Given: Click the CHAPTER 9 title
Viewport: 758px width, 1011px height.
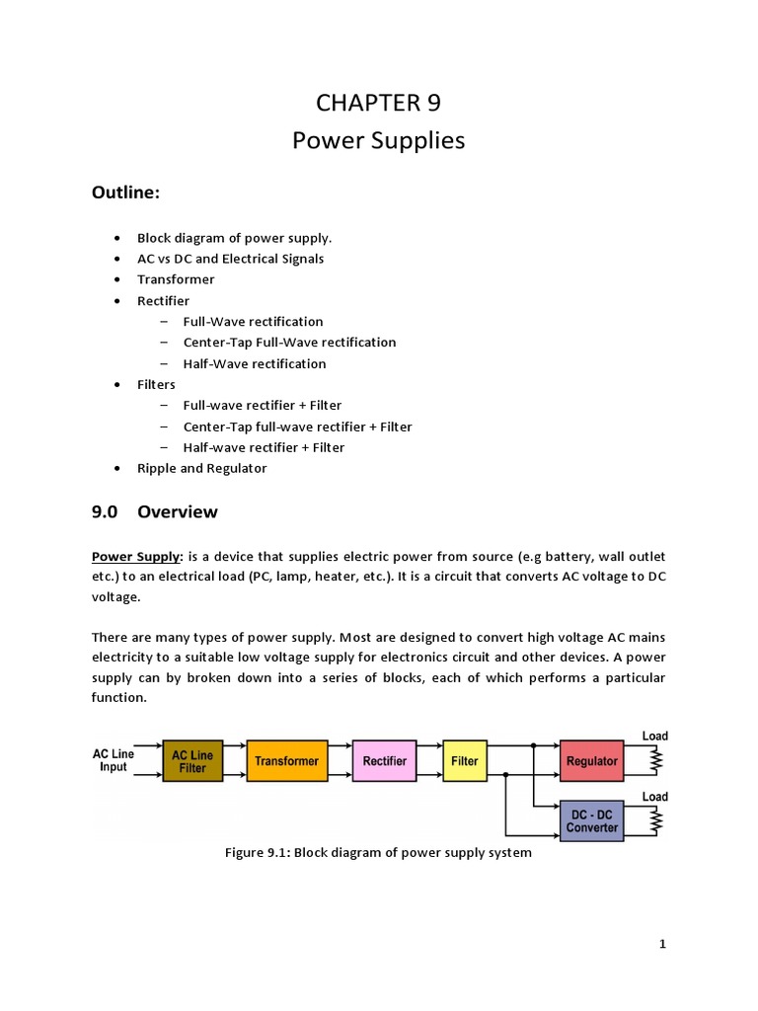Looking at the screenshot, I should click(378, 103).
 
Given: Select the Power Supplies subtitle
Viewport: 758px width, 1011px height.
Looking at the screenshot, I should click(378, 141).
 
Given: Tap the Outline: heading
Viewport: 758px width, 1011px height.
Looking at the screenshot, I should click(125, 194).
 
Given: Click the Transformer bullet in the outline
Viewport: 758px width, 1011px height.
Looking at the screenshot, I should click(175, 279).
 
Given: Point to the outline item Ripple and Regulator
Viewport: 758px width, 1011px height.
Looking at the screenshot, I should click(201, 468).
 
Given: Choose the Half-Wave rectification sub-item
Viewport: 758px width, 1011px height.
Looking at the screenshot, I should click(254, 363).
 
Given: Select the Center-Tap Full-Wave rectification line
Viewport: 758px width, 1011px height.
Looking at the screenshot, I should click(289, 343).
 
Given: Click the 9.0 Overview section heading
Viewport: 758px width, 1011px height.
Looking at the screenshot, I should click(154, 512).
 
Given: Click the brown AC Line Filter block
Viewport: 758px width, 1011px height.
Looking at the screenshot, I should click(192, 761).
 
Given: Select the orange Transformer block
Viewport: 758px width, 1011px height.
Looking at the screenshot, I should click(286, 761).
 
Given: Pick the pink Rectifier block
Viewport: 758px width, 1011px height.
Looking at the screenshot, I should click(384, 761).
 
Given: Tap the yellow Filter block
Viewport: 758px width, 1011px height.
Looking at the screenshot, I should click(464, 761).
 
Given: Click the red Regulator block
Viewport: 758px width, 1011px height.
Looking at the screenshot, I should click(592, 761).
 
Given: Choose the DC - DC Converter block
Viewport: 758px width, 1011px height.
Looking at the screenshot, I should click(592, 820).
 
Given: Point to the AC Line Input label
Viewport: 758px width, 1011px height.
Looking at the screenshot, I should click(114, 760).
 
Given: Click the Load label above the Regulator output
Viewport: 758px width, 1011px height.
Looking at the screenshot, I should click(654, 737).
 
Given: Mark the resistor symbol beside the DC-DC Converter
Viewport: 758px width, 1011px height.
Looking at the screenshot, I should click(654, 819).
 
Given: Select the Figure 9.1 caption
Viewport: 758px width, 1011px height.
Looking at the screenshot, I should click(378, 853).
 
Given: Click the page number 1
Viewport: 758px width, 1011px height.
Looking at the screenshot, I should click(663, 945).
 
